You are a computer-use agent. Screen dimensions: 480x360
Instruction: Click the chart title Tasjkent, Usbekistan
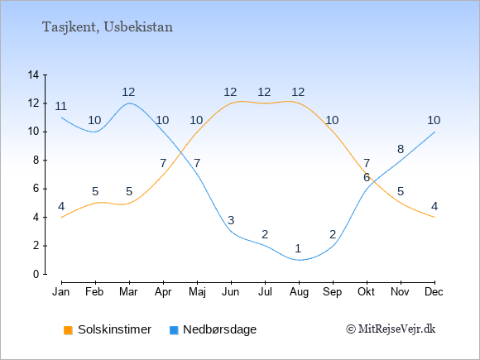pos(108,27)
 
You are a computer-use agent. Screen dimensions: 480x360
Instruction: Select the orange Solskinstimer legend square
pos(68,330)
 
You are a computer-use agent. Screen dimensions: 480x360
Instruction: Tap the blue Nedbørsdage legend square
pos(174,330)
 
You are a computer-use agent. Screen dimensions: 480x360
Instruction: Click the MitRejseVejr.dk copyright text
pos(391,329)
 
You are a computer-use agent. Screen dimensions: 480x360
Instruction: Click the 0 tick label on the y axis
pos(36,274)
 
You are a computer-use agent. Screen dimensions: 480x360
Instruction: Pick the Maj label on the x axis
pos(197,292)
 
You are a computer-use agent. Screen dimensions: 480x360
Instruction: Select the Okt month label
pos(366,292)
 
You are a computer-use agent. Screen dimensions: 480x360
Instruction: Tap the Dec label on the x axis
pos(434,292)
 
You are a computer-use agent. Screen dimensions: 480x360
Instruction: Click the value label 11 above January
pos(61,106)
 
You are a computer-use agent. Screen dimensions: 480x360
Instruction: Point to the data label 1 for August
pos(298,248)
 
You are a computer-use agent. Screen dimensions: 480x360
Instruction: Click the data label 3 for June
pos(231,220)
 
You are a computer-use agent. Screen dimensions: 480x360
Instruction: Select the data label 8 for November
pos(401,149)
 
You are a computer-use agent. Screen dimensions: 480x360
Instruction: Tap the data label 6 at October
pos(367,177)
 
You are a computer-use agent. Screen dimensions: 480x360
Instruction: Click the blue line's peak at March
pos(129,103)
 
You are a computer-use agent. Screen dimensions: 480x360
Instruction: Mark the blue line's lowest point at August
pos(299,260)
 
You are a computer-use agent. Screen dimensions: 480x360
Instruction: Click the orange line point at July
pos(265,103)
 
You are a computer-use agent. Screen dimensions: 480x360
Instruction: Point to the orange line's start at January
pos(62,218)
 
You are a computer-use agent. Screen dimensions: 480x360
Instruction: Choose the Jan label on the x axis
pos(61,292)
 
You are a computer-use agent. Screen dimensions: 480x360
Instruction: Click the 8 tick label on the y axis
pos(36,160)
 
